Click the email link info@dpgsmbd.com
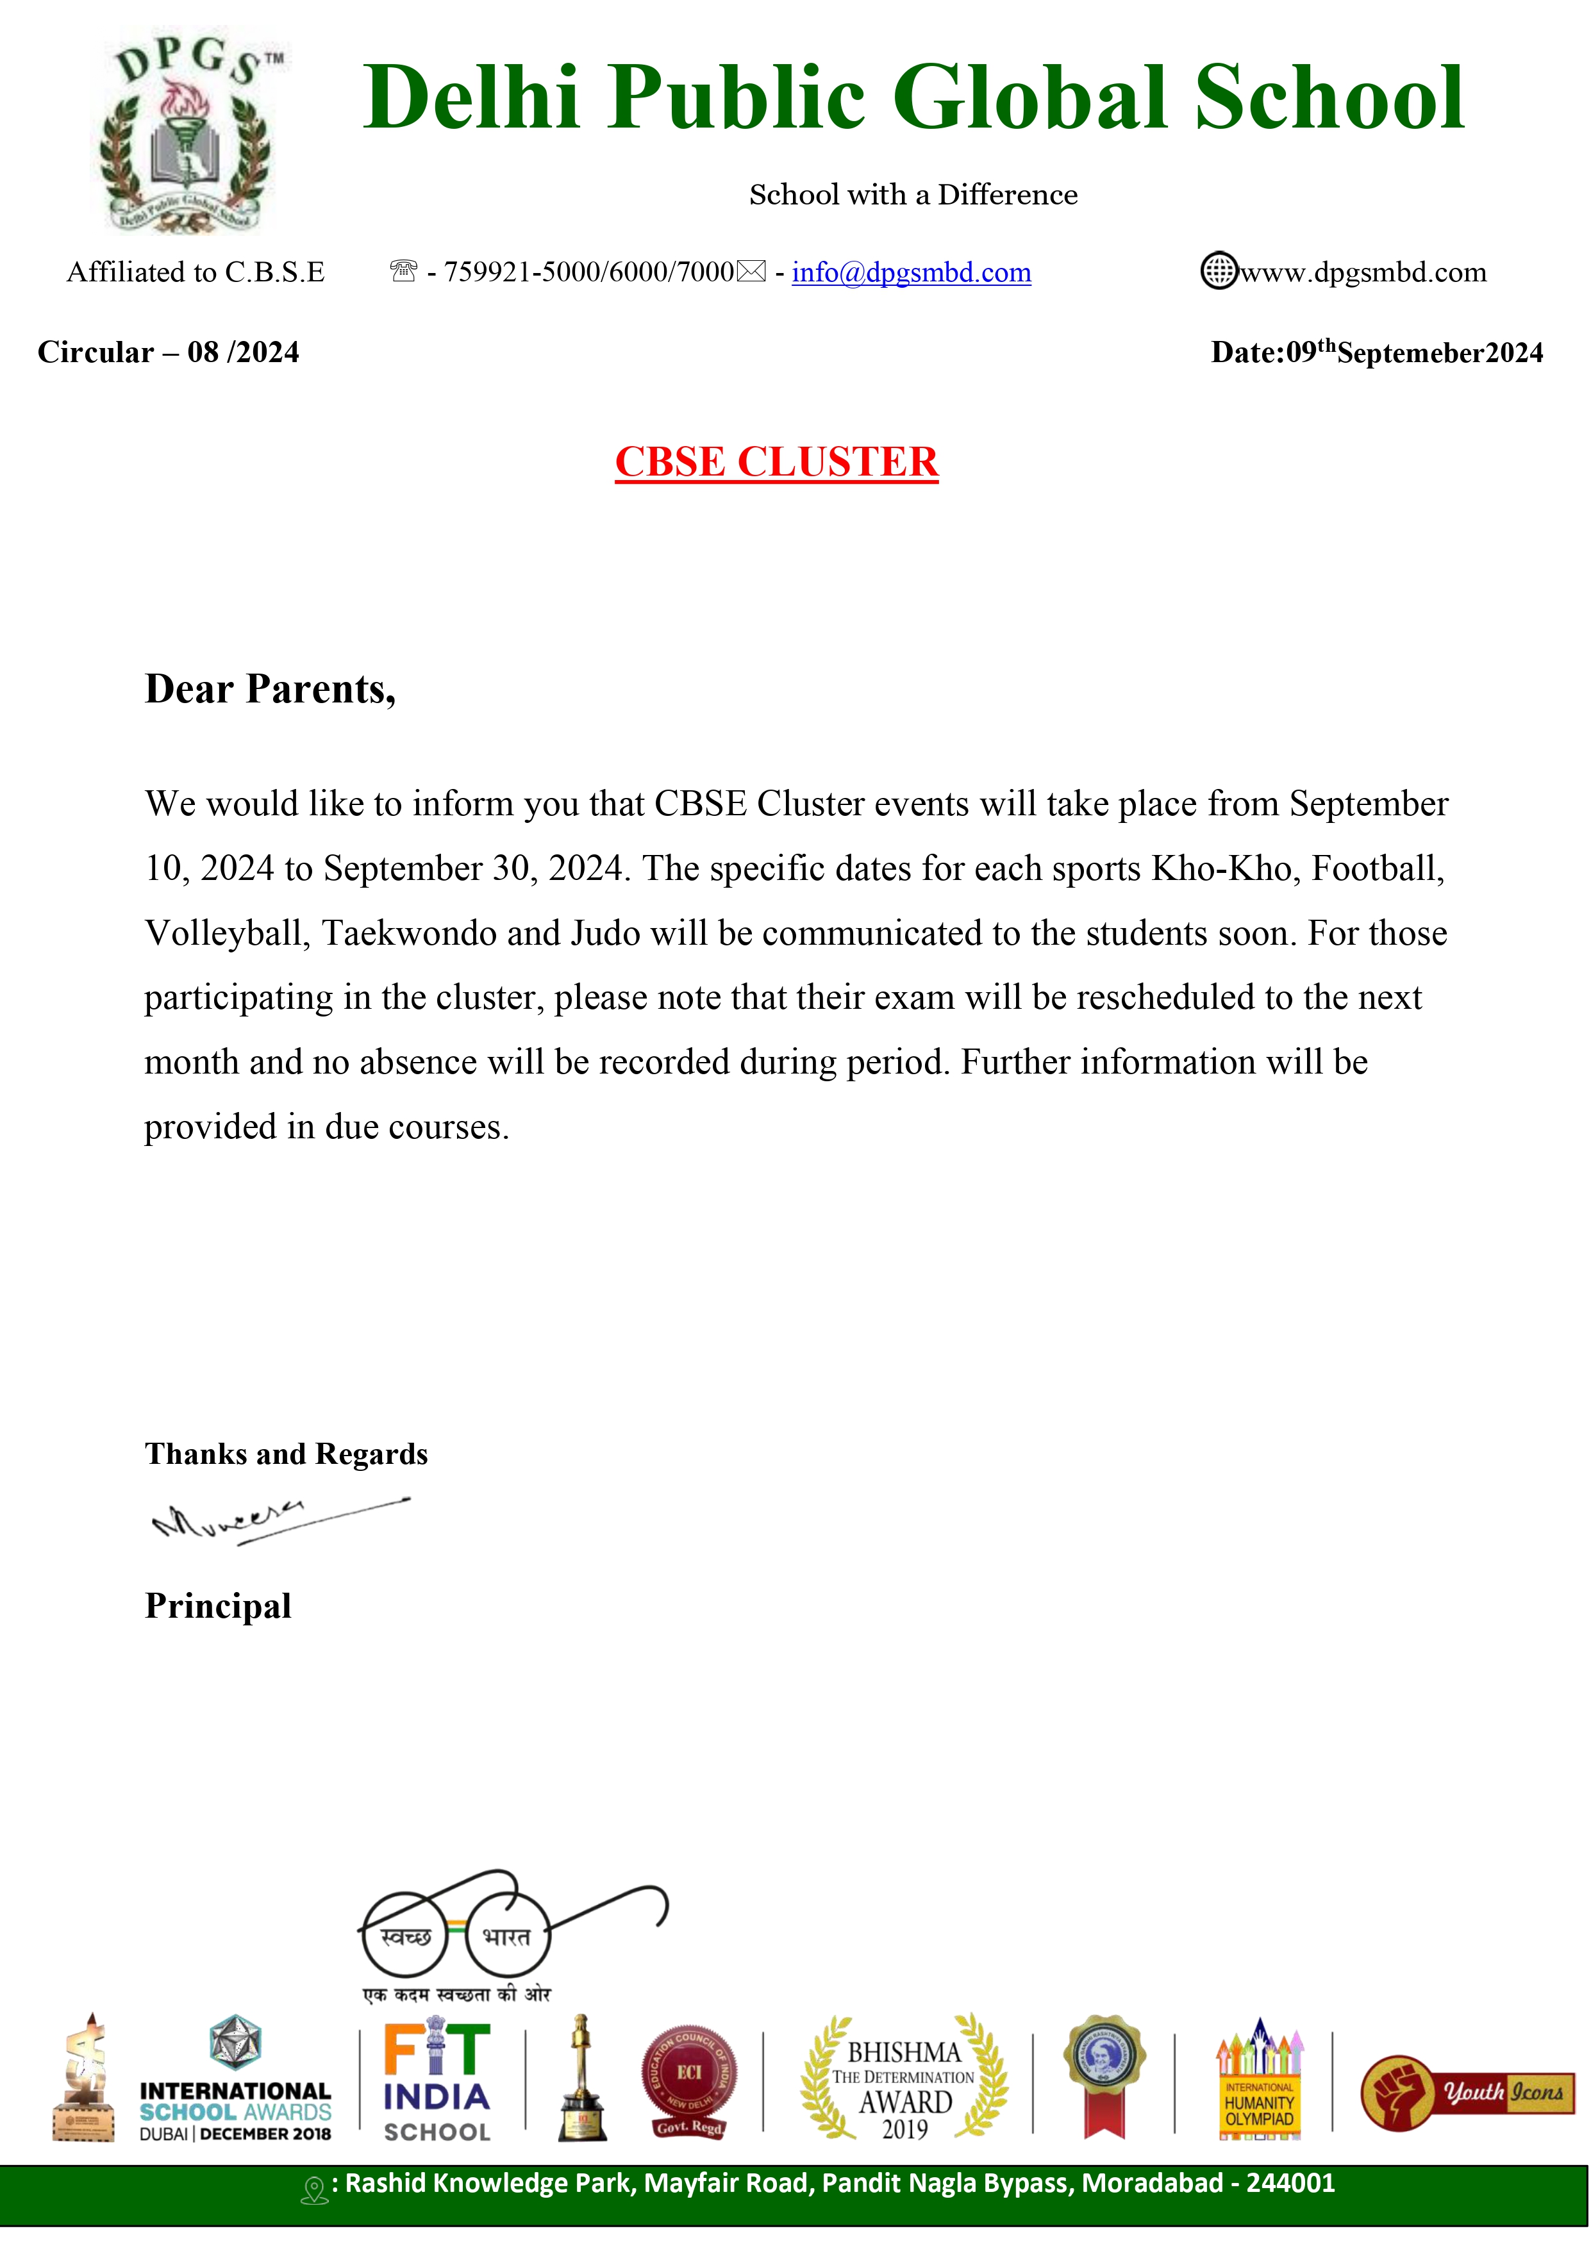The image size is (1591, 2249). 911,272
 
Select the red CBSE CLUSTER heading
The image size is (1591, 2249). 776,462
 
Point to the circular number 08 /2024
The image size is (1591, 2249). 243,353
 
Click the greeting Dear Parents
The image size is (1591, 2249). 271,690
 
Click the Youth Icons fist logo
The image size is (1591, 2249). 1465,2092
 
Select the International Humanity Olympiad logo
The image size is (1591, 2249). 1259,2080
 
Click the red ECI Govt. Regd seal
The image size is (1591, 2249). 690,2080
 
